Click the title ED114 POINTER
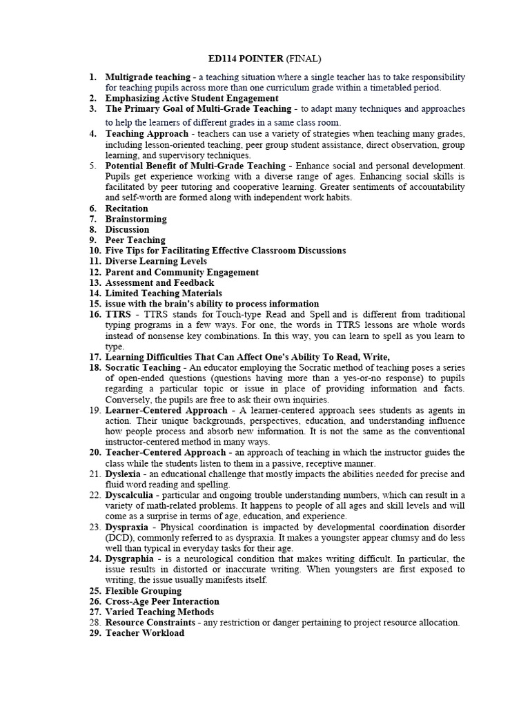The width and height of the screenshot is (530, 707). [x=235, y=59]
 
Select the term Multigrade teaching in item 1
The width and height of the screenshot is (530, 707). [x=147, y=77]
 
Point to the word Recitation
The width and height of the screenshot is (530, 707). [x=126, y=209]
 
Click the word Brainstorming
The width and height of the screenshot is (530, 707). [x=136, y=219]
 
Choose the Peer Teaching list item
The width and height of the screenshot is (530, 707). [x=135, y=240]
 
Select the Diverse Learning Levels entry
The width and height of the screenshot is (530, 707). [x=155, y=262]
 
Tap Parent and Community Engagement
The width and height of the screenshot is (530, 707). [x=181, y=272]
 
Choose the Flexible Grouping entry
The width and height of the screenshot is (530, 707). [x=143, y=591]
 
